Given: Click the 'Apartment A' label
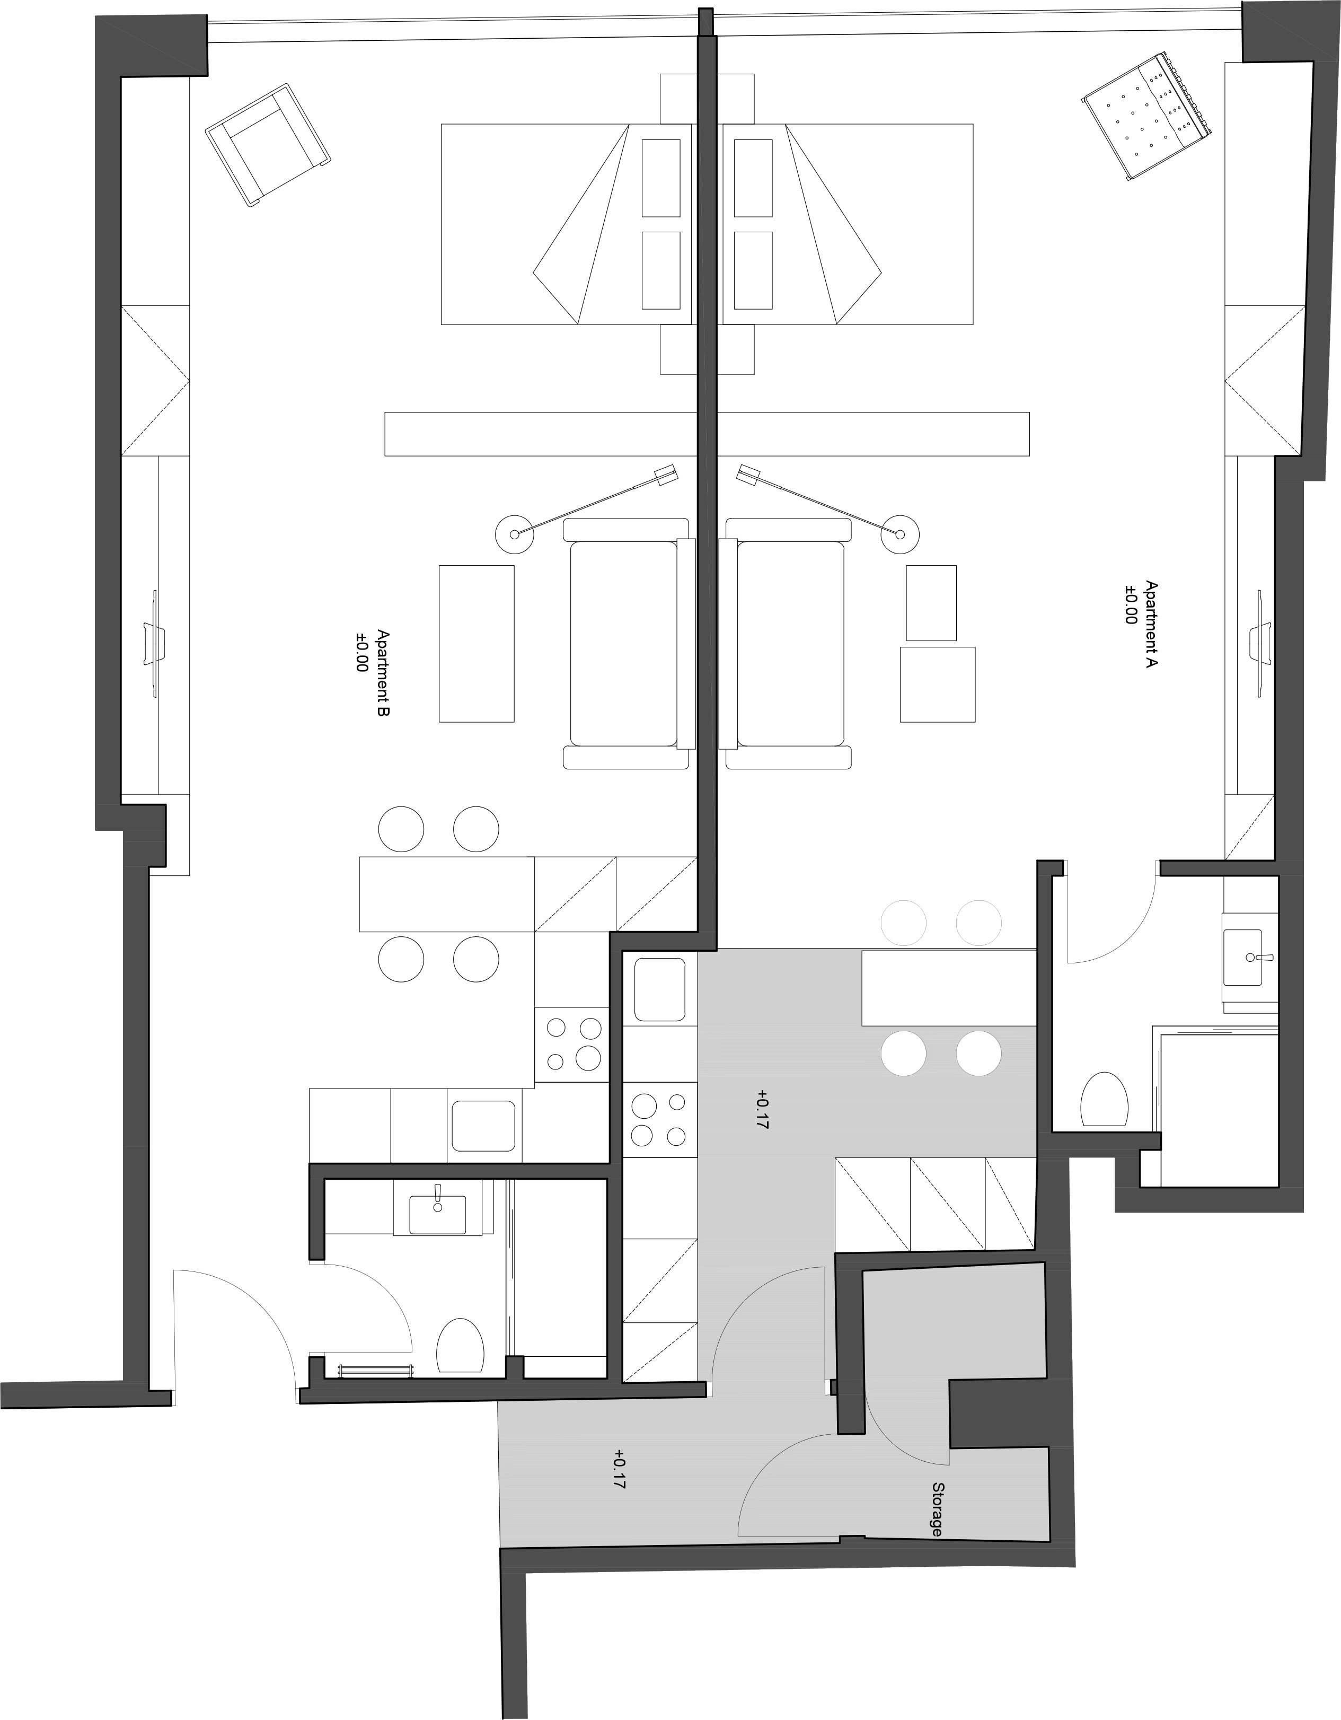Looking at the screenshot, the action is [1151, 625].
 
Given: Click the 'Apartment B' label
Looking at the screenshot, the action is [383, 673].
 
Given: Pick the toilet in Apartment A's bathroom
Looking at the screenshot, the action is [1104, 1100].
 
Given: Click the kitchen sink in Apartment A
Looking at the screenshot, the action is [660, 989].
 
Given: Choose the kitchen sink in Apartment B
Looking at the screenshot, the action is [483, 1126].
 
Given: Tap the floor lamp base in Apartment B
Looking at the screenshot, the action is [514, 534].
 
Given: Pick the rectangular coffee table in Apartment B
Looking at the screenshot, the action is [477, 644].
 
